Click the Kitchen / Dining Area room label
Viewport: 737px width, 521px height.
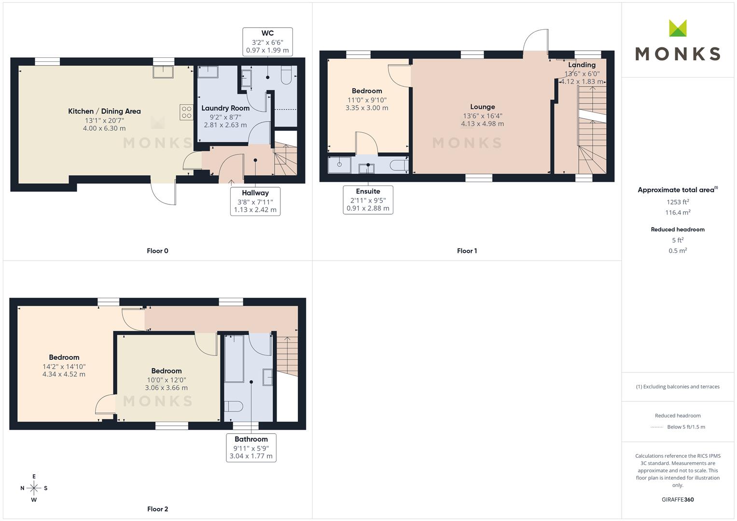tap(104, 111)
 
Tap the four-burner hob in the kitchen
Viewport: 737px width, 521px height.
tap(187, 112)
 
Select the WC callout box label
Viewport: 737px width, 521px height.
tap(267, 42)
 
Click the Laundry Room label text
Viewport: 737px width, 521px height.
tap(225, 108)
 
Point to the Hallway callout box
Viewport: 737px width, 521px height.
tap(255, 201)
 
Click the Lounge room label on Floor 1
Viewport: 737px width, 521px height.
tap(482, 107)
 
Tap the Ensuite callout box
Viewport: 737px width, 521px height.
tap(368, 200)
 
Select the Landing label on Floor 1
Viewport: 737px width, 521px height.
tap(582, 65)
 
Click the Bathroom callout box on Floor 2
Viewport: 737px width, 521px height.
tap(251, 448)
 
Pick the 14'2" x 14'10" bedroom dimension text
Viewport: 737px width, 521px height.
tap(64, 367)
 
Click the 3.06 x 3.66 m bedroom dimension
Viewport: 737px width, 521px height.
tap(167, 388)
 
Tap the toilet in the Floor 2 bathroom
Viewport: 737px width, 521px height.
tap(234, 406)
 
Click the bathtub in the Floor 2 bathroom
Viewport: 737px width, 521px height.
tap(234, 359)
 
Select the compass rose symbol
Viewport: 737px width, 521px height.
tap(34, 488)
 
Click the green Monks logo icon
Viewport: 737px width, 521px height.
tap(678, 28)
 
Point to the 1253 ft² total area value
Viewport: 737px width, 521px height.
tap(678, 202)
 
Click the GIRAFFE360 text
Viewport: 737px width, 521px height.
tap(678, 500)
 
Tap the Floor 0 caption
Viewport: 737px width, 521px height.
tap(158, 251)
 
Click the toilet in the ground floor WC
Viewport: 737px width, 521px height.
tap(286, 75)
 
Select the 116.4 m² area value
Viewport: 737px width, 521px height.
tap(678, 212)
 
